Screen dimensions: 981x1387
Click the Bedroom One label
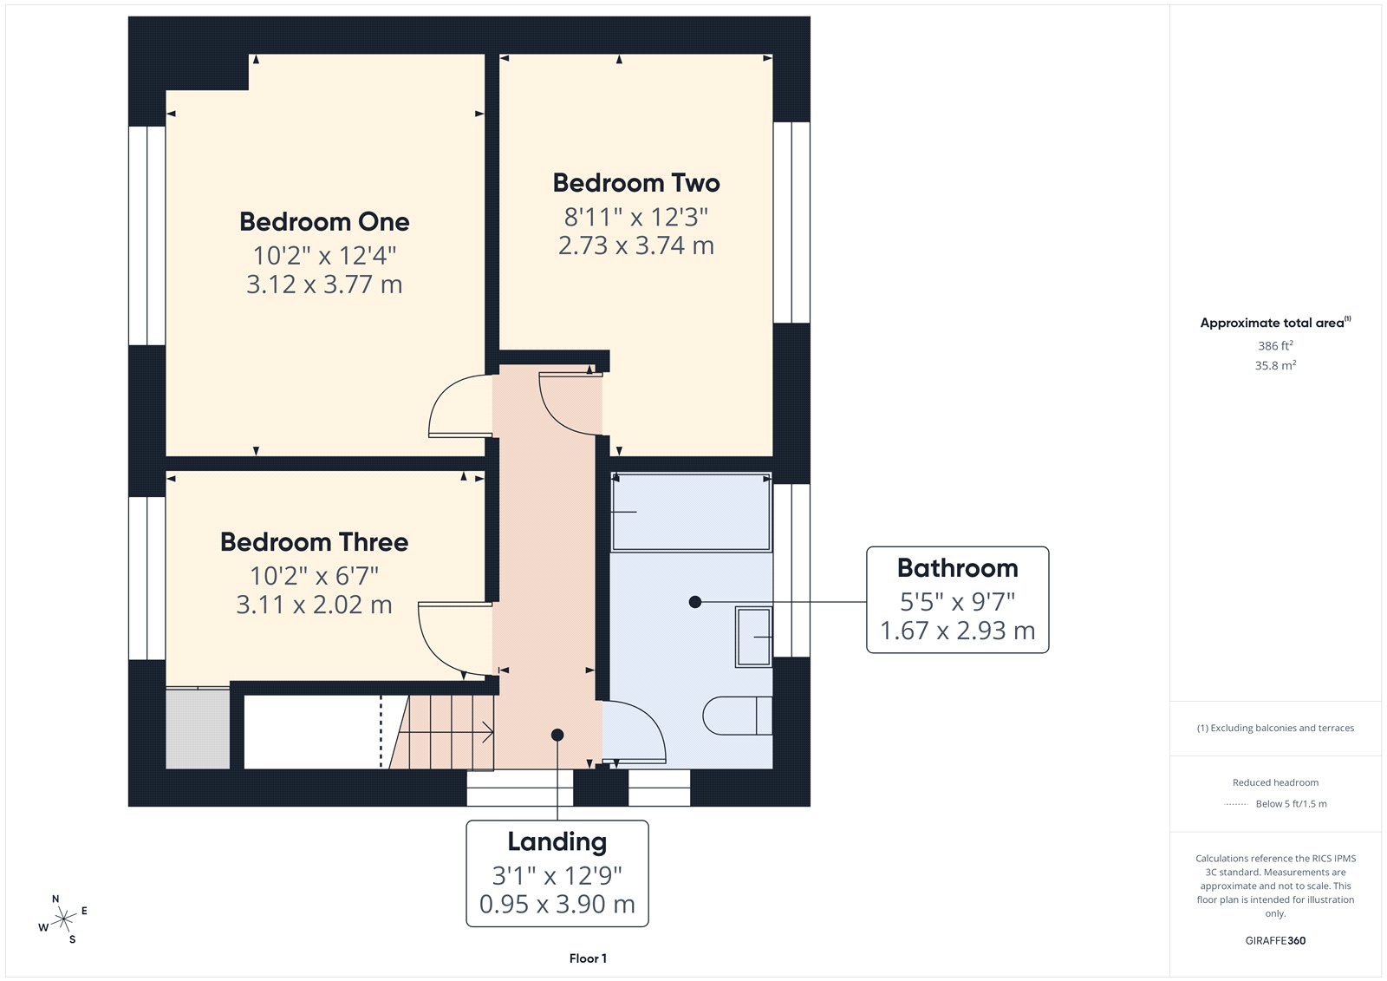coord(324,222)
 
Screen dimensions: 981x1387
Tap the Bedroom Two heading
coord(636,183)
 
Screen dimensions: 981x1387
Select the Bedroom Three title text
coord(314,542)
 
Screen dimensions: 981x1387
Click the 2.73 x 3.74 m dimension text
coord(636,245)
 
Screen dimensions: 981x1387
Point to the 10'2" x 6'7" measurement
coord(314,576)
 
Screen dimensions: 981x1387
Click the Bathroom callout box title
coord(957,568)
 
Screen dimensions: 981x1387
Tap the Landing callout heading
coord(557,841)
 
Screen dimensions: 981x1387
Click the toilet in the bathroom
coord(737,716)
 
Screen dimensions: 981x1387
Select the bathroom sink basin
coord(753,638)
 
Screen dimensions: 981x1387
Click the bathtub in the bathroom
coord(691,512)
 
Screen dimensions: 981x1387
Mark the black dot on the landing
coord(557,735)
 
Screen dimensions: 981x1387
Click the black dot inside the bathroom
coord(694,601)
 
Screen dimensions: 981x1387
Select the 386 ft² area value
coord(1275,345)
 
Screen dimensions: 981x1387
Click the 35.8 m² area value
coord(1275,365)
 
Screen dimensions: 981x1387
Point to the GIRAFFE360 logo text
coord(1275,940)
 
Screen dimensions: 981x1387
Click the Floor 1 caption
coord(588,958)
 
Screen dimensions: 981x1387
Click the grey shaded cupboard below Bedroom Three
coord(198,729)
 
